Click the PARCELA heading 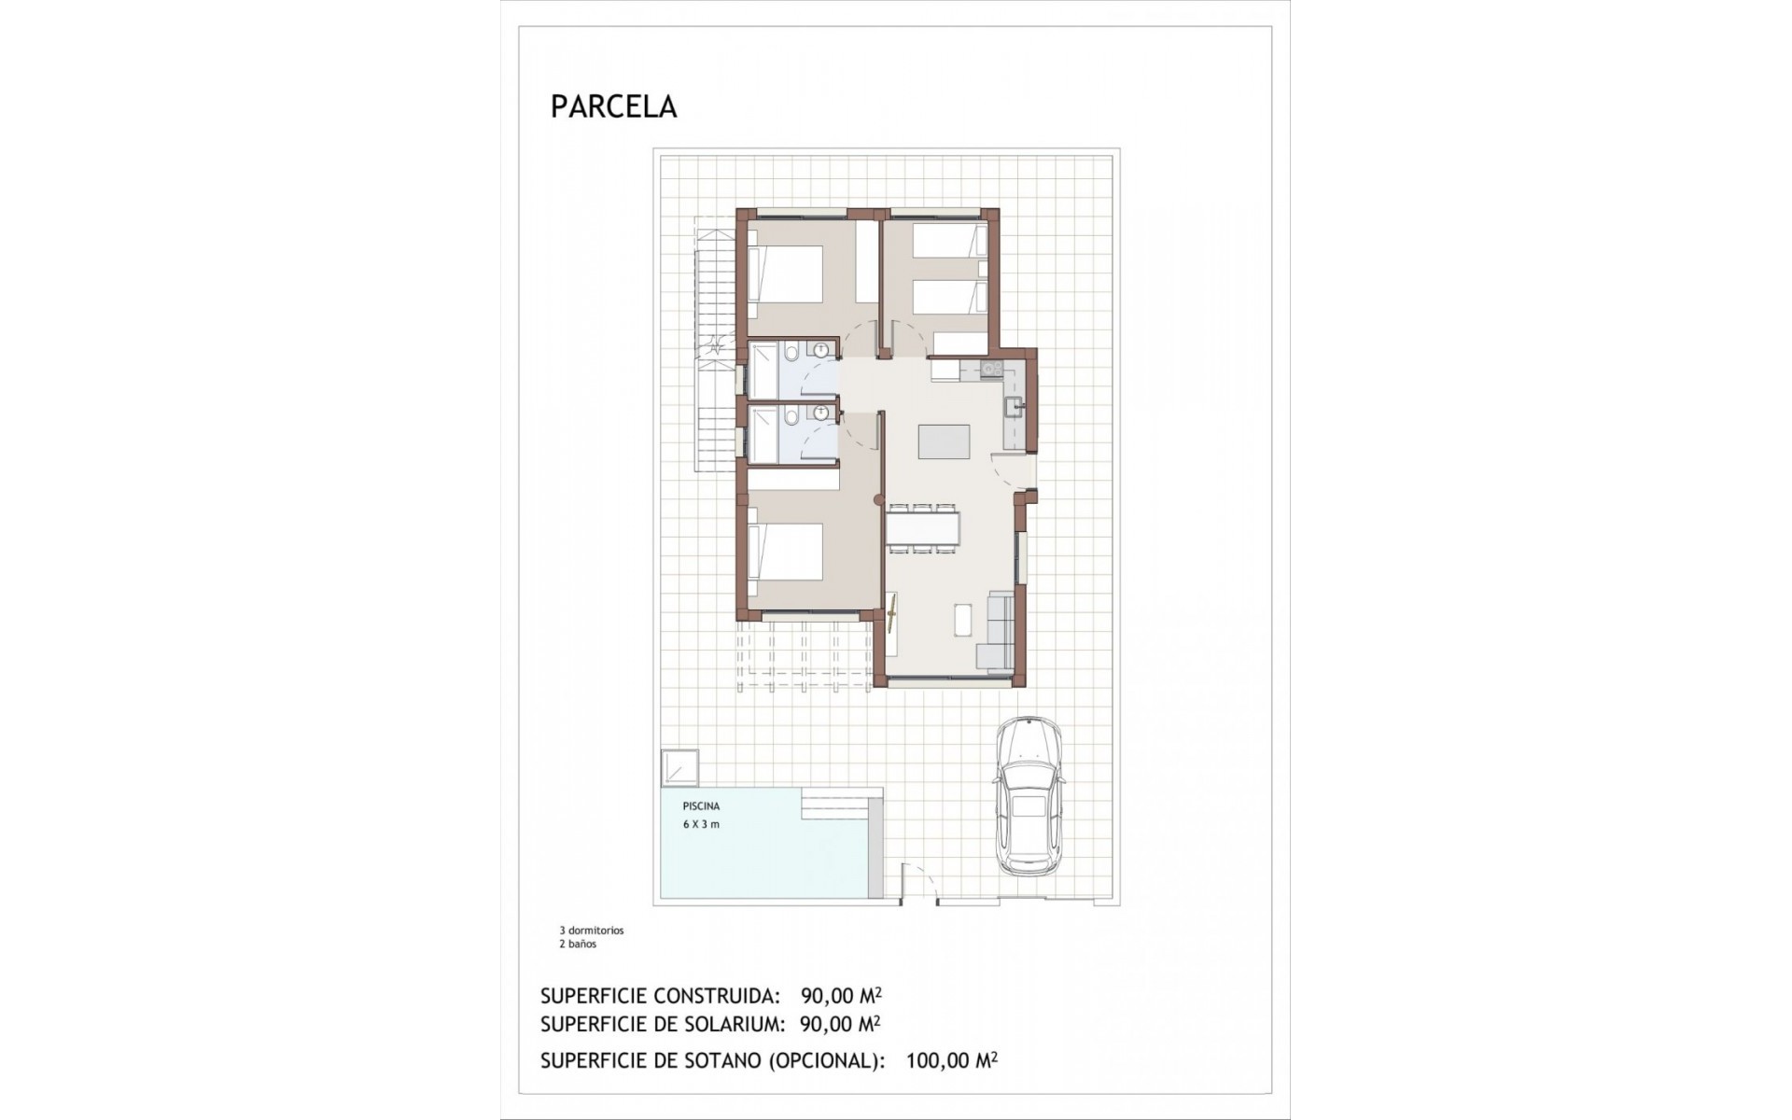(x=613, y=106)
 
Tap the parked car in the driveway (x=1028, y=795)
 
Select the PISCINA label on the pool (x=701, y=806)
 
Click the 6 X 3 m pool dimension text (x=701, y=824)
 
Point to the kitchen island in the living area (x=944, y=441)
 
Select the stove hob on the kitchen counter (x=990, y=371)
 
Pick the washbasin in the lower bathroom (x=821, y=414)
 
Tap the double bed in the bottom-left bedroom (x=786, y=553)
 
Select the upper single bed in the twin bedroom (x=949, y=241)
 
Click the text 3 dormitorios (x=592, y=931)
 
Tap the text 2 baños (x=578, y=944)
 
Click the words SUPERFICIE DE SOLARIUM (x=661, y=1024)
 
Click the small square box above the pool (x=679, y=768)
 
